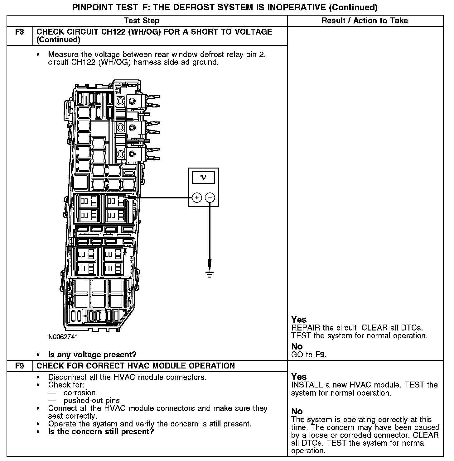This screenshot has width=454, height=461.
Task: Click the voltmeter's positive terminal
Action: coord(197,197)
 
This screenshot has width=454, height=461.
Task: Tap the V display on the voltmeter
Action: coord(203,178)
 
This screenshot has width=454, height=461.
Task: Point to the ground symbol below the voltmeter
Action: coord(210,274)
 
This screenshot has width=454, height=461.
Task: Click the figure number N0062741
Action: coord(63,337)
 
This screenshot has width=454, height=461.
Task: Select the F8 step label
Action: coord(20,32)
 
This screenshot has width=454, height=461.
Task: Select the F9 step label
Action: coord(20,366)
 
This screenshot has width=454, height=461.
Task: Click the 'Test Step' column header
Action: coord(142,21)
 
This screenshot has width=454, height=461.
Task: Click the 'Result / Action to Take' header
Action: coord(365,21)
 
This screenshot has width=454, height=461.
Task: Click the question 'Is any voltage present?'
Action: coord(92,354)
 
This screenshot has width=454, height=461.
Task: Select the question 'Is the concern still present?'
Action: coord(101,432)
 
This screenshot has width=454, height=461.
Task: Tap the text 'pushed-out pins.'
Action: coord(93,401)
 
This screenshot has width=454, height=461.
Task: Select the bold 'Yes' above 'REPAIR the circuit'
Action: coord(299,320)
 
